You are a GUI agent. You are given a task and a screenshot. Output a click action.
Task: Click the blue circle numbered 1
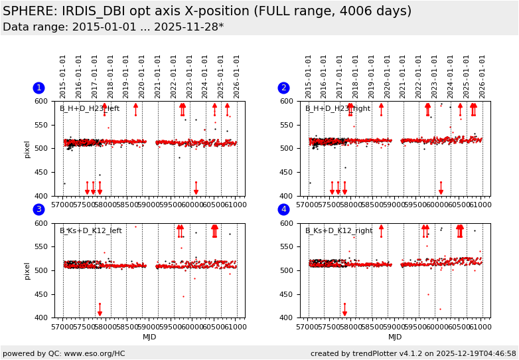[38, 88]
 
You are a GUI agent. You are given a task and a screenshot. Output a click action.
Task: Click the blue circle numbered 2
[283, 88]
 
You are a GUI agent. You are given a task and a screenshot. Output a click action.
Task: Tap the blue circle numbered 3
[38, 210]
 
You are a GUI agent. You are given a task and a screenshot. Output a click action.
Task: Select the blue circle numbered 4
[283, 210]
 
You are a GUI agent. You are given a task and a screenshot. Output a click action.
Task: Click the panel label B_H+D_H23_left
[90, 109]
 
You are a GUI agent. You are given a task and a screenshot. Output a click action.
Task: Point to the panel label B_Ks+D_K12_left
[91, 231]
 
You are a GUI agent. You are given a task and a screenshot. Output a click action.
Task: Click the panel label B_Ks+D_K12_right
[338, 231]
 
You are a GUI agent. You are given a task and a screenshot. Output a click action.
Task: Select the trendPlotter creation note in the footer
[413, 354]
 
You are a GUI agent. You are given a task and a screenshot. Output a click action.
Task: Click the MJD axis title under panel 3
[150, 337]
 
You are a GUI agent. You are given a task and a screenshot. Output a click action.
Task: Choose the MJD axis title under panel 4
[395, 337]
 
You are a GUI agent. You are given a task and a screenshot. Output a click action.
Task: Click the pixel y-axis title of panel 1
[27, 149]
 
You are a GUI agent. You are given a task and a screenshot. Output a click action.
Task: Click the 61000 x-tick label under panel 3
[235, 326]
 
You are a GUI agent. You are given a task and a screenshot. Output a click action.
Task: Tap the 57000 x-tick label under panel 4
[308, 326]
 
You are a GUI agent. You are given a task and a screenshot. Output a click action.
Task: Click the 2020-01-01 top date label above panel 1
[142, 76]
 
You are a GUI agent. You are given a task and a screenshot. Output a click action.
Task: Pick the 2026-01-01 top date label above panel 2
[482, 76]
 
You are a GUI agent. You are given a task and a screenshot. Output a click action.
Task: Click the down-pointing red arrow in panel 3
[100, 310]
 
